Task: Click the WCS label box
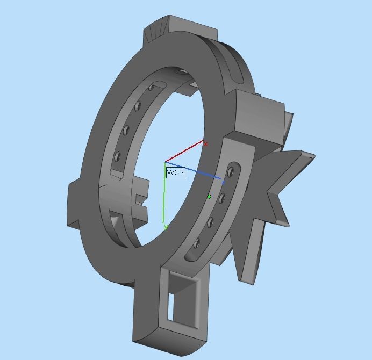pos(175,172)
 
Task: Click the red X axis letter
pos(205,144)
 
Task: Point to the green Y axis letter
pos(166,227)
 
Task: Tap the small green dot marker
pos(209,197)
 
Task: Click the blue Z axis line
pos(194,170)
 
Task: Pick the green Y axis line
pos(165,193)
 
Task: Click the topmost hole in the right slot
pos(231,172)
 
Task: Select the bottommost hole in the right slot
pos(197,243)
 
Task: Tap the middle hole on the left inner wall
pos(126,129)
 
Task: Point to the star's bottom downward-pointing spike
pos(245,277)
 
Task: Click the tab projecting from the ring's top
pos(161,30)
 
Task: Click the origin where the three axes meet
pos(165,162)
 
